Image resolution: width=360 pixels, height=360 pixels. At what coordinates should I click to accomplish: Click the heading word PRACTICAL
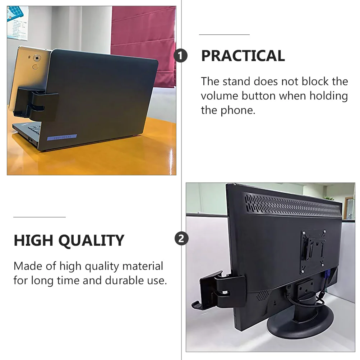tap(243, 56)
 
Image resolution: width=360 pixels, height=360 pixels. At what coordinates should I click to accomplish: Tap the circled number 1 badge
tap(180, 56)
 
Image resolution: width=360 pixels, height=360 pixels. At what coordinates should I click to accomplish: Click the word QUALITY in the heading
tap(91, 241)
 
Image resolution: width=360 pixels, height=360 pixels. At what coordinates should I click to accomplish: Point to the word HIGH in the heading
tap(33, 240)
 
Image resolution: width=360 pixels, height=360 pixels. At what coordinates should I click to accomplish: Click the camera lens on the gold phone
tap(37, 58)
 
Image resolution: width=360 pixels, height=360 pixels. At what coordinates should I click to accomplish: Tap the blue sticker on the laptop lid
tap(62, 137)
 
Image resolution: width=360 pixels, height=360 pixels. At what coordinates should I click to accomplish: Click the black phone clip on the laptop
tap(36, 104)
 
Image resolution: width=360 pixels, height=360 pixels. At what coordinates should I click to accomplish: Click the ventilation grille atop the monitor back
tap(292, 205)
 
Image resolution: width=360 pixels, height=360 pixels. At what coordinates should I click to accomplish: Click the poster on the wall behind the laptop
tap(18, 23)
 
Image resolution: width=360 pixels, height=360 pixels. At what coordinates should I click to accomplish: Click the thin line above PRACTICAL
tap(224, 34)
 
